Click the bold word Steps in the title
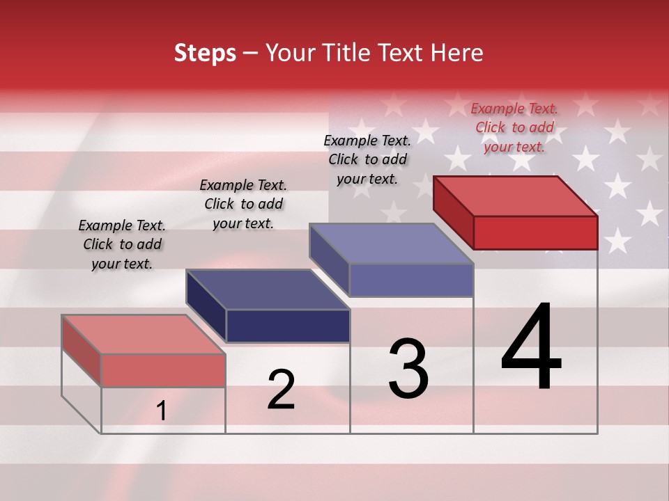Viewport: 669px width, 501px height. pos(205,54)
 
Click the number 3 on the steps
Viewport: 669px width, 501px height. pos(408,369)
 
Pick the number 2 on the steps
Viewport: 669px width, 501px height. pos(281,390)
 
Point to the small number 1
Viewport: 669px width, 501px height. pos(162,411)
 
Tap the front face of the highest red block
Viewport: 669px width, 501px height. pos(535,232)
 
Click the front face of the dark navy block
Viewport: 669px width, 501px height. pos(288,326)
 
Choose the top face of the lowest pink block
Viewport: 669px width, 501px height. pos(144,334)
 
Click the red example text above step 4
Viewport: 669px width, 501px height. pos(514,127)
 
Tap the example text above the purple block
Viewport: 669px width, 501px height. pos(367,159)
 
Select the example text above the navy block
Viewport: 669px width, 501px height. pos(243,204)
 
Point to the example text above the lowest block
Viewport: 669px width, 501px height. pos(122,244)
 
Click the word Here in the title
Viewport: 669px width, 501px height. pos(456,54)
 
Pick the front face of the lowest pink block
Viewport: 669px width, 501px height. pos(163,370)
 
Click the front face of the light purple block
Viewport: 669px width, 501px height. pos(411,280)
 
